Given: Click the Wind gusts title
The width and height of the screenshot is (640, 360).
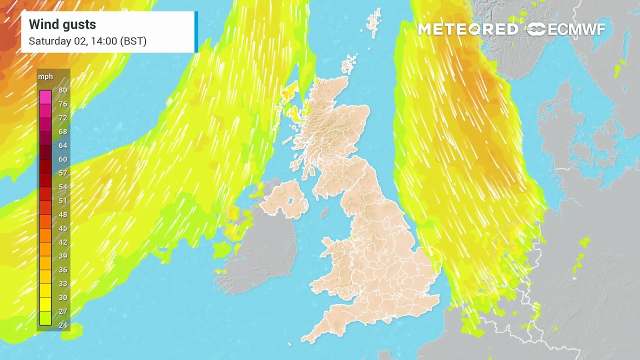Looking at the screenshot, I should coord(62,24).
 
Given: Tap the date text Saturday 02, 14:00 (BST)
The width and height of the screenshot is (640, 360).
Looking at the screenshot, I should coord(87,41).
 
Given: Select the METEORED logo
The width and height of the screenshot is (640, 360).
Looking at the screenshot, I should coord(468,29).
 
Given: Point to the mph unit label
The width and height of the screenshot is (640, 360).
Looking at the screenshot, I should coord(45,77).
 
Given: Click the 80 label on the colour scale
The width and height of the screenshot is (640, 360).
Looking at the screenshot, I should coord(62,90).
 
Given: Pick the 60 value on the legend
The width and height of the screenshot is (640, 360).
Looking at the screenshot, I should coord(62,159).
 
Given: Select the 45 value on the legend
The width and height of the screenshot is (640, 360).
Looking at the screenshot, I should coord(62,228).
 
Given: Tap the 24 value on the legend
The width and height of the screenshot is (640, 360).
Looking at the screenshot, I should coord(62,325).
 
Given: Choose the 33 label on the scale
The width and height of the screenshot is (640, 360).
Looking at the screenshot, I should coord(62,283).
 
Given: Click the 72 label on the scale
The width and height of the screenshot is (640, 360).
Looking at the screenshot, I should coord(62,118).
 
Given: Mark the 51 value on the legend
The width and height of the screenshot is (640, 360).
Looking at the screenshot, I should coord(62,201).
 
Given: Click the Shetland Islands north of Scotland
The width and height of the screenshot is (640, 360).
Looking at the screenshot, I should coord(349,65).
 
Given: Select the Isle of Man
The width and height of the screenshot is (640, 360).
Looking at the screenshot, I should coord(324,213).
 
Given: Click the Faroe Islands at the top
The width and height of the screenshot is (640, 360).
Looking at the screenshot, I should coord(373,22).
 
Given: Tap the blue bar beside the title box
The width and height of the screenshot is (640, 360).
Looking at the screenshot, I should coord(196,32).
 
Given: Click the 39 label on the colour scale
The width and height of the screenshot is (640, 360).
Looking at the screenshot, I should coord(62,256).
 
